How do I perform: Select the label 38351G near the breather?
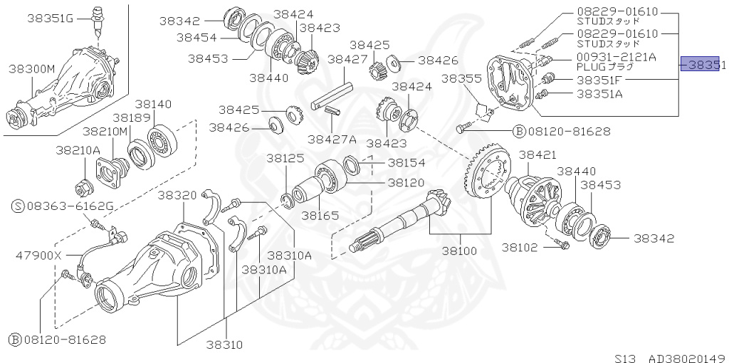(x=50, y=18)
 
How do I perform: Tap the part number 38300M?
(x=31, y=68)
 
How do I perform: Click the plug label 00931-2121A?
(x=617, y=56)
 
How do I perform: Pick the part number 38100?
(x=462, y=251)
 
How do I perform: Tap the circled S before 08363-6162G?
(x=18, y=206)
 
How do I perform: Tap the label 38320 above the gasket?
(x=177, y=194)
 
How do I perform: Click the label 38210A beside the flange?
(x=78, y=149)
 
